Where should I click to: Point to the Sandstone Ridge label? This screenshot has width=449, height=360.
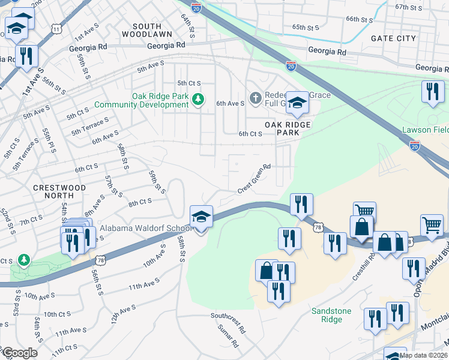(327, 315)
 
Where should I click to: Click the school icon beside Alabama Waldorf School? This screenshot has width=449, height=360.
(202, 217)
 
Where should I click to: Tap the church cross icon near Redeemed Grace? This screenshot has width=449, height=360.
(255, 98)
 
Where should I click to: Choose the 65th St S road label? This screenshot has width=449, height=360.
(307, 27)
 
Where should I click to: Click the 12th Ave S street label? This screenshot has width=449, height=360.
(123, 314)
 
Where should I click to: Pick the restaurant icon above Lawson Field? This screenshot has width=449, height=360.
(432, 92)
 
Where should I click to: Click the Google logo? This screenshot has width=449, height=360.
(19, 353)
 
